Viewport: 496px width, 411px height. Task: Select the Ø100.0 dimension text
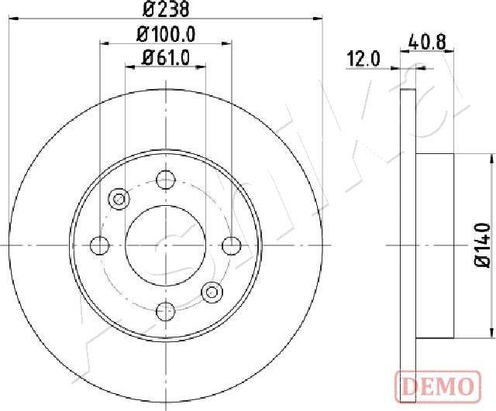[x=166, y=34]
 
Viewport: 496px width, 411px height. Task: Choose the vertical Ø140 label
[x=483, y=245]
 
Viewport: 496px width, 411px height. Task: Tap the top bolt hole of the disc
[x=165, y=180]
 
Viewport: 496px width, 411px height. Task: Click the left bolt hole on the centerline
[x=99, y=245]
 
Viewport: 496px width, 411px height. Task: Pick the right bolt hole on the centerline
[x=231, y=245]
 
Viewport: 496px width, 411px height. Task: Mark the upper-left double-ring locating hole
[x=119, y=199]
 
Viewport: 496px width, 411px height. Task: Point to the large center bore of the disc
[x=165, y=245]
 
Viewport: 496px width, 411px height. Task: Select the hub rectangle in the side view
[x=436, y=245]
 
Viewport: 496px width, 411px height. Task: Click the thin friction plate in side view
[x=409, y=245]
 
